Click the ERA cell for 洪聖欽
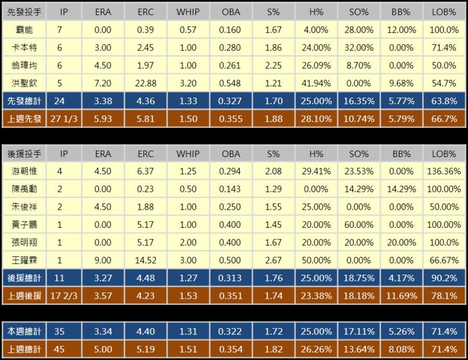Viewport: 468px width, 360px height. pyautogui.click(x=103, y=83)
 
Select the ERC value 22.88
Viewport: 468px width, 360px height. pyautogui.click(x=146, y=83)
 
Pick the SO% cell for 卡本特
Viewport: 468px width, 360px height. pyautogui.click(x=359, y=48)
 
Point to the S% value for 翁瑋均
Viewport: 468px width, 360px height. pyautogui.click(x=274, y=66)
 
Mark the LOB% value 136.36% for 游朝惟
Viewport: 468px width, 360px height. pyautogui.click(x=444, y=171)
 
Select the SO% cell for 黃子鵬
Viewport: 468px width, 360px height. pyautogui.click(x=359, y=225)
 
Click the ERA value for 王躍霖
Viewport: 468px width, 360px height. pyautogui.click(x=103, y=260)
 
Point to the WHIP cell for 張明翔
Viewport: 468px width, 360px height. pyautogui.click(x=188, y=242)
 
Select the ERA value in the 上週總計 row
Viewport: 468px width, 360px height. pyautogui.click(x=103, y=349)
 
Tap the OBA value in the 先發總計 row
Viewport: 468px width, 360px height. pyautogui.click(x=230, y=101)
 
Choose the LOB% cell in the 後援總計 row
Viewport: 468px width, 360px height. pyautogui.click(x=444, y=278)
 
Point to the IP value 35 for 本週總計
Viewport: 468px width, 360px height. pyautogui.click(x=59, y=331)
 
